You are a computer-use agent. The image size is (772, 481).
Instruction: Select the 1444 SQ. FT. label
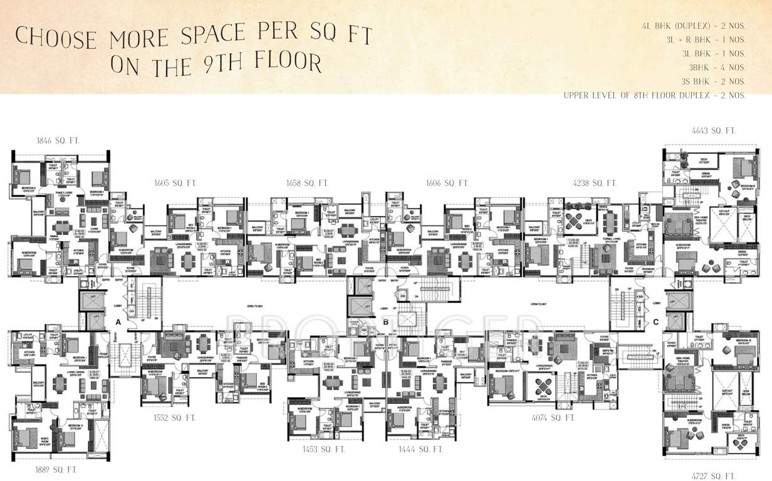[x=421, y=450]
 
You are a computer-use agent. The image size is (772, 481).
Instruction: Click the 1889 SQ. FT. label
[x=56, y=468]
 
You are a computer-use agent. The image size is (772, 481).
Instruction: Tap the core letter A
[x=117, y=321]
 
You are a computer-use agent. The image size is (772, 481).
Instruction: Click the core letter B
[x=387, y=323]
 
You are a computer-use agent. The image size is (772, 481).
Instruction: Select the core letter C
[x=655, y=323]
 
